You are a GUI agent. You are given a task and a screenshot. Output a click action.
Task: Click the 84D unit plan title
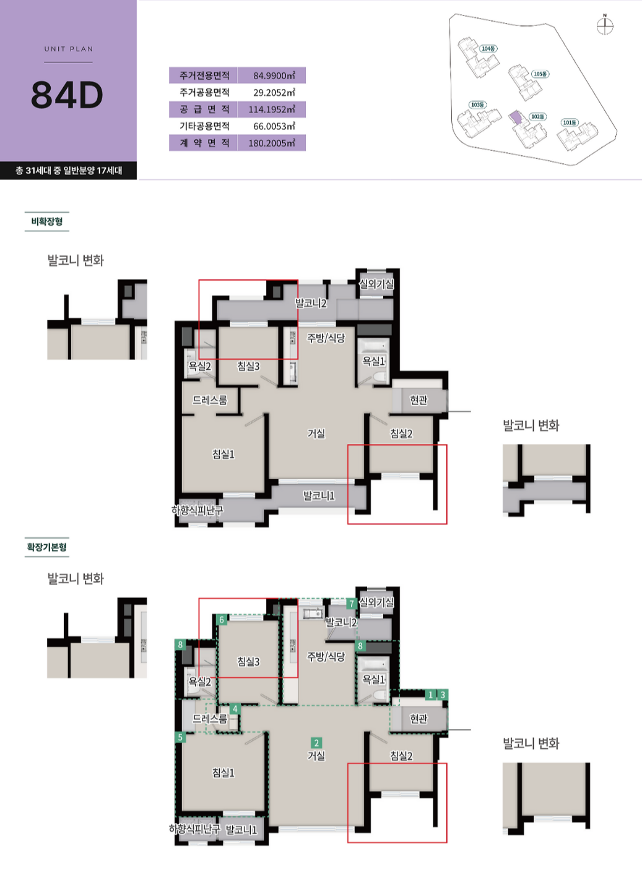[x=67, y=95]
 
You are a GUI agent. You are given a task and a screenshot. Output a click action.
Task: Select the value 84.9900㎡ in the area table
[x=274, y=75]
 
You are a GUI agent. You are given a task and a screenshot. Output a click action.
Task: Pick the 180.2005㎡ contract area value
[x=272, y=143]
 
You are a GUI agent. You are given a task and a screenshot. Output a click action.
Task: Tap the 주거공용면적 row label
[x=204, y=92]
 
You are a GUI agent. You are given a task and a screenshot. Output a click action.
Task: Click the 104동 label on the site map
[x=488, y=49]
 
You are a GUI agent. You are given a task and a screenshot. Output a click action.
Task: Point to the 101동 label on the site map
[x=570, y=122]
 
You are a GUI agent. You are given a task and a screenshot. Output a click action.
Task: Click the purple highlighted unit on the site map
[x=516, y=118]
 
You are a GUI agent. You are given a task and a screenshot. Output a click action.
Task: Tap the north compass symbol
[x=605, y=26]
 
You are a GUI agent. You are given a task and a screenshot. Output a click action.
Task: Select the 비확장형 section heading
[x=47, y=221]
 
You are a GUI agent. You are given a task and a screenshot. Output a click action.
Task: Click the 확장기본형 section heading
[x=47, y=547]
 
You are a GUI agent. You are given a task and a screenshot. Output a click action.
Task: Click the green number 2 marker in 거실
[x=316, y=743]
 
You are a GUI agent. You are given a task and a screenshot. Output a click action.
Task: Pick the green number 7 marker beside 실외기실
[x=352, y=604]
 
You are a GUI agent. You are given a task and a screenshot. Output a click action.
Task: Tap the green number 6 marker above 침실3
[x=222, y=620]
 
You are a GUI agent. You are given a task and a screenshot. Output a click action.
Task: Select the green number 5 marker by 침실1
[x=180, y=737]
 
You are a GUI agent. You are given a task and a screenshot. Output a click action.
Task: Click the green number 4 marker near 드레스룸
[x=235, y=709]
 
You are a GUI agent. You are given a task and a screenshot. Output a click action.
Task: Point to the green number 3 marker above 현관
[x=443, y=695]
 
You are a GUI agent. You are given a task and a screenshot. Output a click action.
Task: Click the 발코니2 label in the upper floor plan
[x=311, y=304]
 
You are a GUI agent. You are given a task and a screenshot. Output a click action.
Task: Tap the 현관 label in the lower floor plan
[x=419, y=719]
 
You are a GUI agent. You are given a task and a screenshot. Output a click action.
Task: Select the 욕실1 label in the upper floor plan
[x=373, y=361]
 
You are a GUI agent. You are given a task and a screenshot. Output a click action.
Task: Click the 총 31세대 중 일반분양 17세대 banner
[x=69, y=171]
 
